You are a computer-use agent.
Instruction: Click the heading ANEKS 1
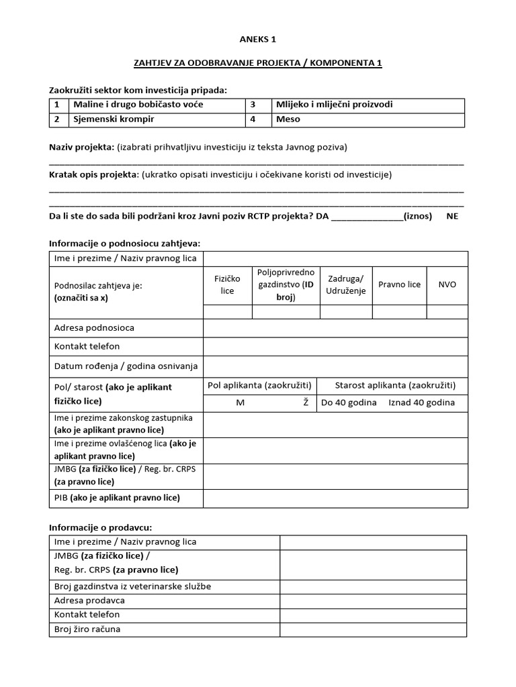point(257,40)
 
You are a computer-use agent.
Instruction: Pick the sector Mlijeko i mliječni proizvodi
point(334,105)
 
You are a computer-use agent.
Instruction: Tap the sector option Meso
point(288,119)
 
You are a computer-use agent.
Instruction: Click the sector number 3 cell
point(254,105)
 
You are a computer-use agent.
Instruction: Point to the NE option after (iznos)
point(453,216)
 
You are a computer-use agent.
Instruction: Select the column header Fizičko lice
point(227,284)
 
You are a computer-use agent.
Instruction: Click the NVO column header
point(447,284)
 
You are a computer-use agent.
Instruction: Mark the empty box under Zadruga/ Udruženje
point(346,311)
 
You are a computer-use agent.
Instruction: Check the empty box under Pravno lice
point(399,311)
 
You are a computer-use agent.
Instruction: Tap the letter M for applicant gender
point(240,403)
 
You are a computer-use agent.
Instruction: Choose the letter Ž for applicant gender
point(306,403)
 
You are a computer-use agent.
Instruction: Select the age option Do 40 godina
point(349,403)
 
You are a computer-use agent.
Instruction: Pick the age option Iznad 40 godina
point(421,403)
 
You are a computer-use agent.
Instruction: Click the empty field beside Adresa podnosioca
point(335,328)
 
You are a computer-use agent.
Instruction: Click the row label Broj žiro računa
point(87,629)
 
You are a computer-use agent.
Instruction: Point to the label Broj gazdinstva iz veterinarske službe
point(132,586)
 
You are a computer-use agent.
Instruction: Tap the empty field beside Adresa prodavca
point(373,600)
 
